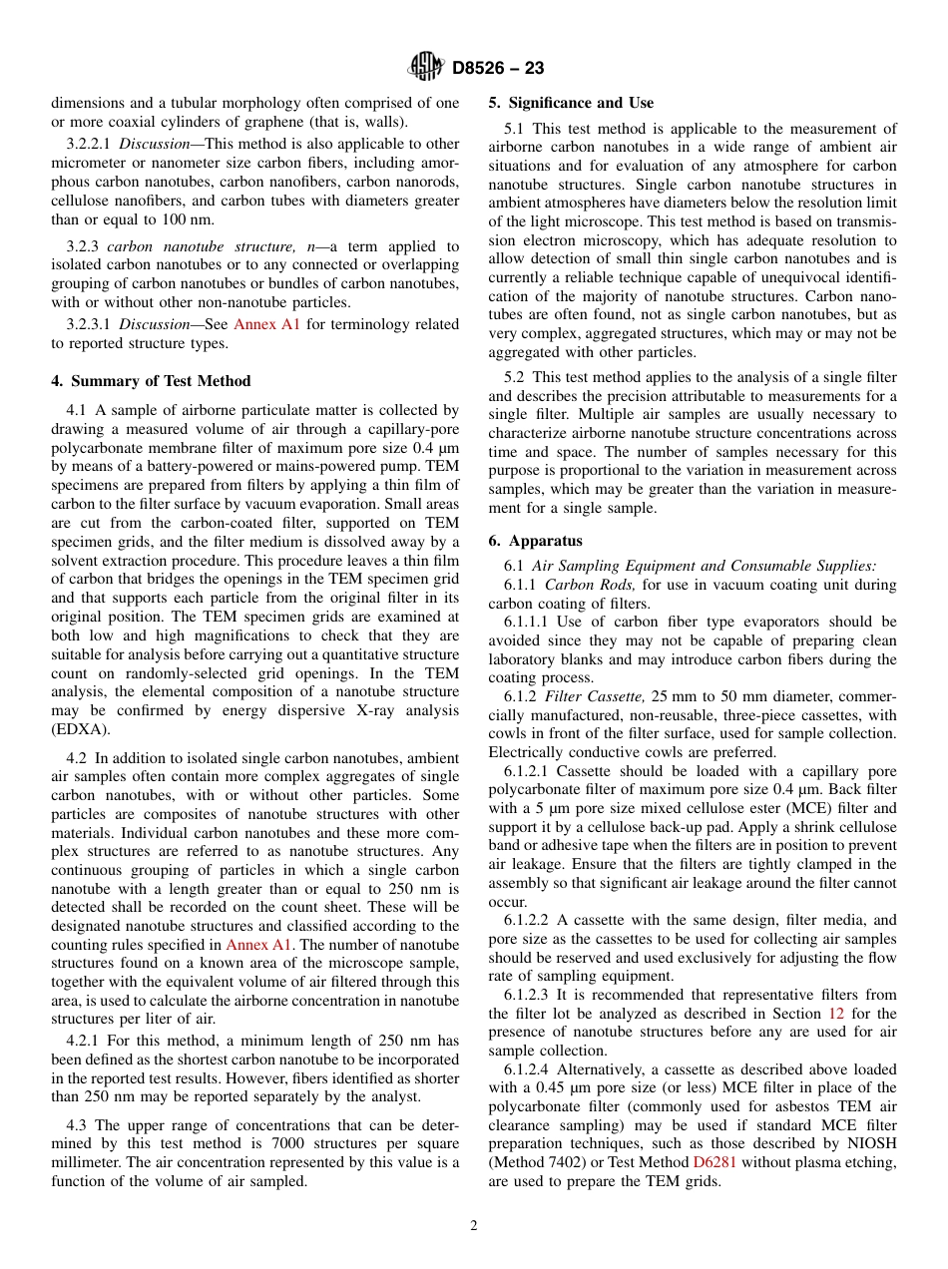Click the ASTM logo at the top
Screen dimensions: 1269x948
click(x=426, y=68)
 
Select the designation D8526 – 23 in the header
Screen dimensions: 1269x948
click(x=498, y=69)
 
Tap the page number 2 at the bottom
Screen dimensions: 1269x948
click(x=474, y=1226)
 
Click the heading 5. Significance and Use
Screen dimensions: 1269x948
click(x=571, y=103)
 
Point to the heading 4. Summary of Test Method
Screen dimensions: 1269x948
click(x=151, y=381)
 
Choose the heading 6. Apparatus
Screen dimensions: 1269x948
click(x=535, y=541)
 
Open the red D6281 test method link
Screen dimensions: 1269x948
click(x=713, y=1162)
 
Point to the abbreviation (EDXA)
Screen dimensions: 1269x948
click(x=80, y=729)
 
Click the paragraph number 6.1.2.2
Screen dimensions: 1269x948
click(x=529, y=920)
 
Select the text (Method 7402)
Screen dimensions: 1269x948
click(x=536, y=1162)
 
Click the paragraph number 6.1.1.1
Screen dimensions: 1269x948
click(x=529, y=622)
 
